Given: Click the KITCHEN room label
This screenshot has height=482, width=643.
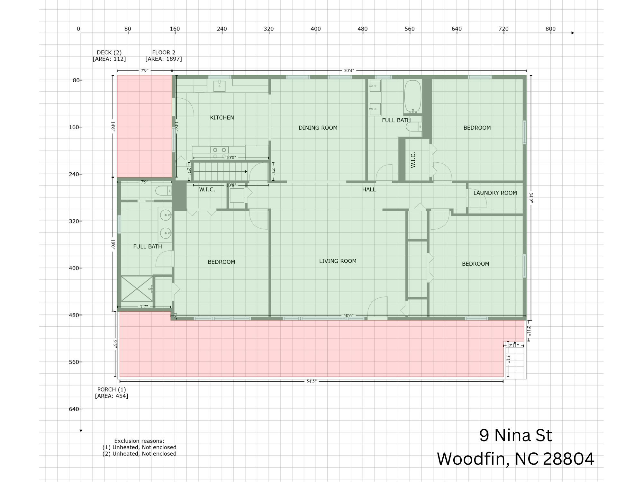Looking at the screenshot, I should coord(222,118).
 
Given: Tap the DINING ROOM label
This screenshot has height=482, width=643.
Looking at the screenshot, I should coord(318,128).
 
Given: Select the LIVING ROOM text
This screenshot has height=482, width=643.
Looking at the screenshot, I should coord(338,261).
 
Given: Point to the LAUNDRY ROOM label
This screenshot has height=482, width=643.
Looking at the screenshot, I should coord(495,193).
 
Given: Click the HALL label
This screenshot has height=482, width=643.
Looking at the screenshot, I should coord(369,190).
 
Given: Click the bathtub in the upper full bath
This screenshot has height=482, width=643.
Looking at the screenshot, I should coord(412,96).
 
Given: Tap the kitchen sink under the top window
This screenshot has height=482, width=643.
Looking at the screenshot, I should coord(219,86).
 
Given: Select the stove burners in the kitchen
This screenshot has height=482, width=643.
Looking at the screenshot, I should coord(220,150).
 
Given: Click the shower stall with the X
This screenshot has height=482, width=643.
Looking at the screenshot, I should coord(137,288).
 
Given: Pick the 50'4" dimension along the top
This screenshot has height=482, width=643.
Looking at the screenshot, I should coord(349,70).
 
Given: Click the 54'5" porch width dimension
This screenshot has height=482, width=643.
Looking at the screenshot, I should coord(311,381).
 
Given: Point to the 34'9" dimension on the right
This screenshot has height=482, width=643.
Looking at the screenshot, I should coord(531,198).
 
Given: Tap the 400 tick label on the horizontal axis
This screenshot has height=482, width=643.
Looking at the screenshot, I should coord(315,29).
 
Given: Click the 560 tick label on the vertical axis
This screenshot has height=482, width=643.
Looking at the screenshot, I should coord(74,362).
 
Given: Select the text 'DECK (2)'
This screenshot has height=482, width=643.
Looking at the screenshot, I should coord(109,52).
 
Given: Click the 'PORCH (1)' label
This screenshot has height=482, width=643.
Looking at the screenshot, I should coord(112,389).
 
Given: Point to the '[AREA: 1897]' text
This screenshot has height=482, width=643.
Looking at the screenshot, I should coord(164,59).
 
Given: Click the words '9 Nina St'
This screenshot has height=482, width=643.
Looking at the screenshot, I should coord(515,435).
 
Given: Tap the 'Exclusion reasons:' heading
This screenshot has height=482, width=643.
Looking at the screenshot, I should coord(139,441).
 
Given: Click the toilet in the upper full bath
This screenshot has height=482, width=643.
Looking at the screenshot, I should coord(414,127).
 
